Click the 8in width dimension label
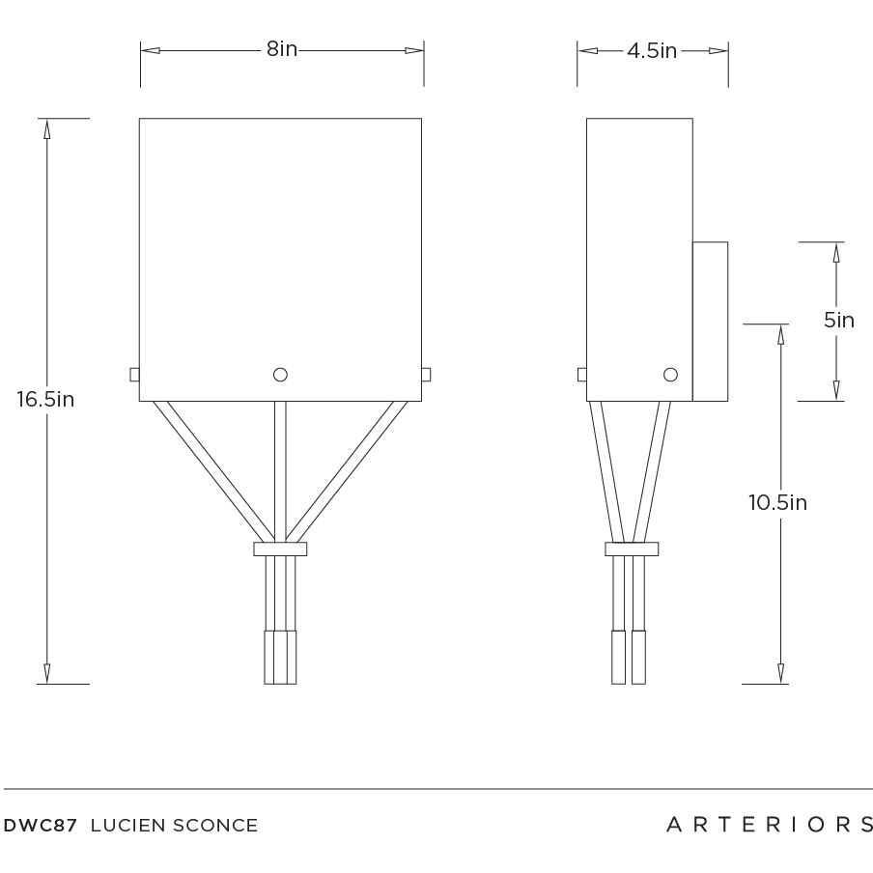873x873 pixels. (x=282, y=49)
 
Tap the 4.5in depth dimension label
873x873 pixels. (x=652, y=51)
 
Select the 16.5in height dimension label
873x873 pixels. (x=44, y=399)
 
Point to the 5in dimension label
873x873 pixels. (x=838, y=320)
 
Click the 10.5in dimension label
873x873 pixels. (x=777, y=502)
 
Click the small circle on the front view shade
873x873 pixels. (x=281, y=375)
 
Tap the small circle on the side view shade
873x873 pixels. (x=670, y=375)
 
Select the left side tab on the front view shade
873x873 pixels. (x=134, y=375)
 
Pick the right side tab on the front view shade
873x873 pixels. (x=426, y=375)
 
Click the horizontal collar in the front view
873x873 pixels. (x=280, y=549)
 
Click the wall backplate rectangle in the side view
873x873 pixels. (x=710, y=321)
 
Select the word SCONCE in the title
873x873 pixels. (x=215, y=826)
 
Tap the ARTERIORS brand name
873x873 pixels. (x=770, y=825)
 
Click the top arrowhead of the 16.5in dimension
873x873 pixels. (x=45, y=127)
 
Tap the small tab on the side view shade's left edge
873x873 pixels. (x=582, y=375)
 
